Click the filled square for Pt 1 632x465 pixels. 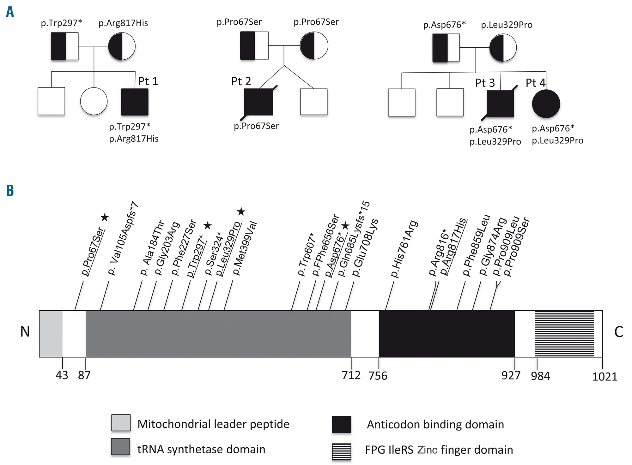135,102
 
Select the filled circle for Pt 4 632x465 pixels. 546,104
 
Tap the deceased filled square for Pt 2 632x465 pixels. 258,102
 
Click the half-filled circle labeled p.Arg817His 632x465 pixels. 122,46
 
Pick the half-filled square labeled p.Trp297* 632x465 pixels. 65,46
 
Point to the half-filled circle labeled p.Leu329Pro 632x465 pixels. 503,48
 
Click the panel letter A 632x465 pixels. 10,12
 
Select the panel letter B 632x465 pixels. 10,191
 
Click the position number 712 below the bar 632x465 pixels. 351,375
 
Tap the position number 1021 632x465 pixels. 605,377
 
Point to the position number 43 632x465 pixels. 62,375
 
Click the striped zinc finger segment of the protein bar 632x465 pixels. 565,334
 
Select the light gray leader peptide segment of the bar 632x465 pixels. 51,334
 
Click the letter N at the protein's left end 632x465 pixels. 25,332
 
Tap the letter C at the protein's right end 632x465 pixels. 618,332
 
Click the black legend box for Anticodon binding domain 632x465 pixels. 341,424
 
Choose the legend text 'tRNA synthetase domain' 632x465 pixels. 201,449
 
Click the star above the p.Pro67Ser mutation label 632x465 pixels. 105,217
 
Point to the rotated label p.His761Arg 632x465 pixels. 404,249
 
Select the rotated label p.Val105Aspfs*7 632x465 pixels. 123,238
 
